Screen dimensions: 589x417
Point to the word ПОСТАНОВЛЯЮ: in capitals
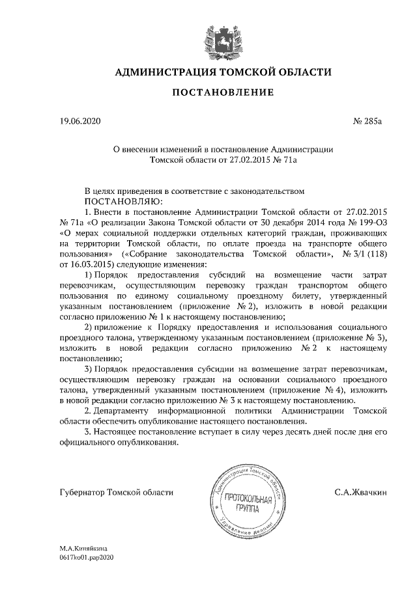[124, 202]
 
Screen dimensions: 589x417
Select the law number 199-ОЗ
[372, 223]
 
